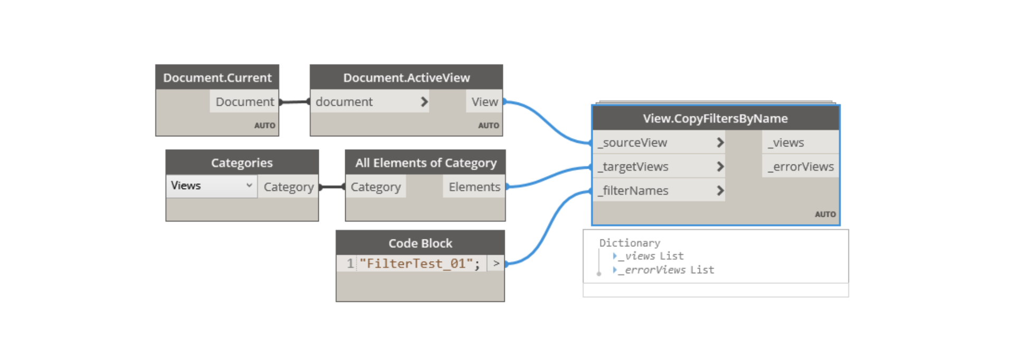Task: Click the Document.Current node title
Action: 217,78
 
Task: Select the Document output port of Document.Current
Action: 244,101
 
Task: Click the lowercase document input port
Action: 370,101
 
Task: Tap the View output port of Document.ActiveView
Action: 484,101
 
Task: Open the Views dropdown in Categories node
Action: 211,186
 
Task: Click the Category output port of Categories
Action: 288,187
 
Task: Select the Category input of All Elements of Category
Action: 375,187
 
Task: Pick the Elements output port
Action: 474,187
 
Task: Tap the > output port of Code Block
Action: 496,263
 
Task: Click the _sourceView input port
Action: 659,142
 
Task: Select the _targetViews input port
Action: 659,167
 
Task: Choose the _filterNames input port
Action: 659,190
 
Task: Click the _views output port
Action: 800,142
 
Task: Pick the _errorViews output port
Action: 800,167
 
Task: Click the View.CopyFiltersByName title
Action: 715,118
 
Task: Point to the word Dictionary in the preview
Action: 630,243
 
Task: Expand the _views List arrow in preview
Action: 615,256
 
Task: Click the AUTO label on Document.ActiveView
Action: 488,125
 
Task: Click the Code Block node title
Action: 420,243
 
